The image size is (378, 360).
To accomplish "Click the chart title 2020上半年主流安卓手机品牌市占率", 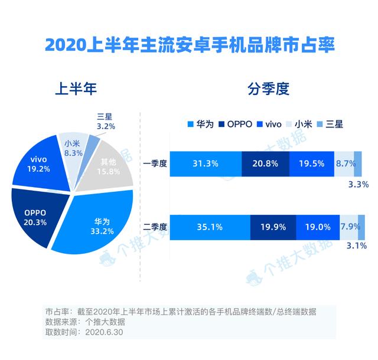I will click(189, 44).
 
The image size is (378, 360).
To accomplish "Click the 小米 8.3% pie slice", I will click(72, 148).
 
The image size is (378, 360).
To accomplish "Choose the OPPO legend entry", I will click(236, 124).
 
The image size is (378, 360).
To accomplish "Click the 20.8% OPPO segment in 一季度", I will click(265, 164).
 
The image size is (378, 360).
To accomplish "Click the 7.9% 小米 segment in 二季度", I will click(348, 227).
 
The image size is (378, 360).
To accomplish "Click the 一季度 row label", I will click(155, 164).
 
